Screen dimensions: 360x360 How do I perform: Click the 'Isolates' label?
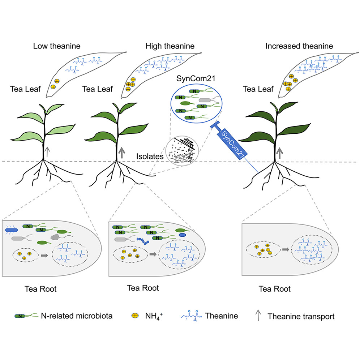pyautogui.click(x=149, y=157)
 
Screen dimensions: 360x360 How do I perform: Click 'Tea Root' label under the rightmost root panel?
pyautogui.click(x=274, y=289)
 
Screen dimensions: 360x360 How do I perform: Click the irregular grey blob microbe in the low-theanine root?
pyautogui.click(x=56, y=237)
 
